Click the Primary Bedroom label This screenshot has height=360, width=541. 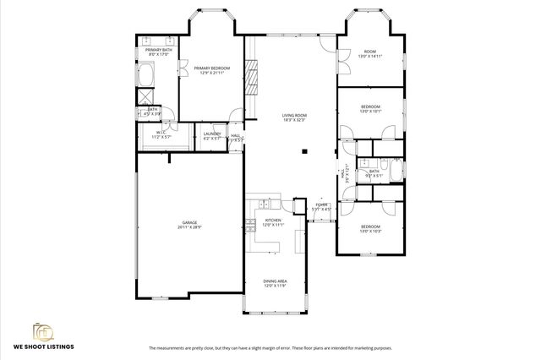click(x=210, y=70)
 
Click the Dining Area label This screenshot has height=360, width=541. click(x=275, y=284)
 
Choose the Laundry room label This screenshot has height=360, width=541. click(x=212, y=135)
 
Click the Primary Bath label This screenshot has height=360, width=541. click(x=159, y=52)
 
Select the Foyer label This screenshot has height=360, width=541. click(x=322, y=205)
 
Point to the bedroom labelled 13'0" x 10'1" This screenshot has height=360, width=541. click(x=371, y=108)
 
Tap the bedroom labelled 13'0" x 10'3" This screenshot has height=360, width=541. click(x=371, y=228)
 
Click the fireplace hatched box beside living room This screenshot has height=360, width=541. click(x=251, y=80)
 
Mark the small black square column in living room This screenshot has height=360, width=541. click(x=305, y=152)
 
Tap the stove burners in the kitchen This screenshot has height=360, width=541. click(x=250, y=225)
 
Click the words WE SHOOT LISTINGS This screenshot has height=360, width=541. click(x=43, y=346)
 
